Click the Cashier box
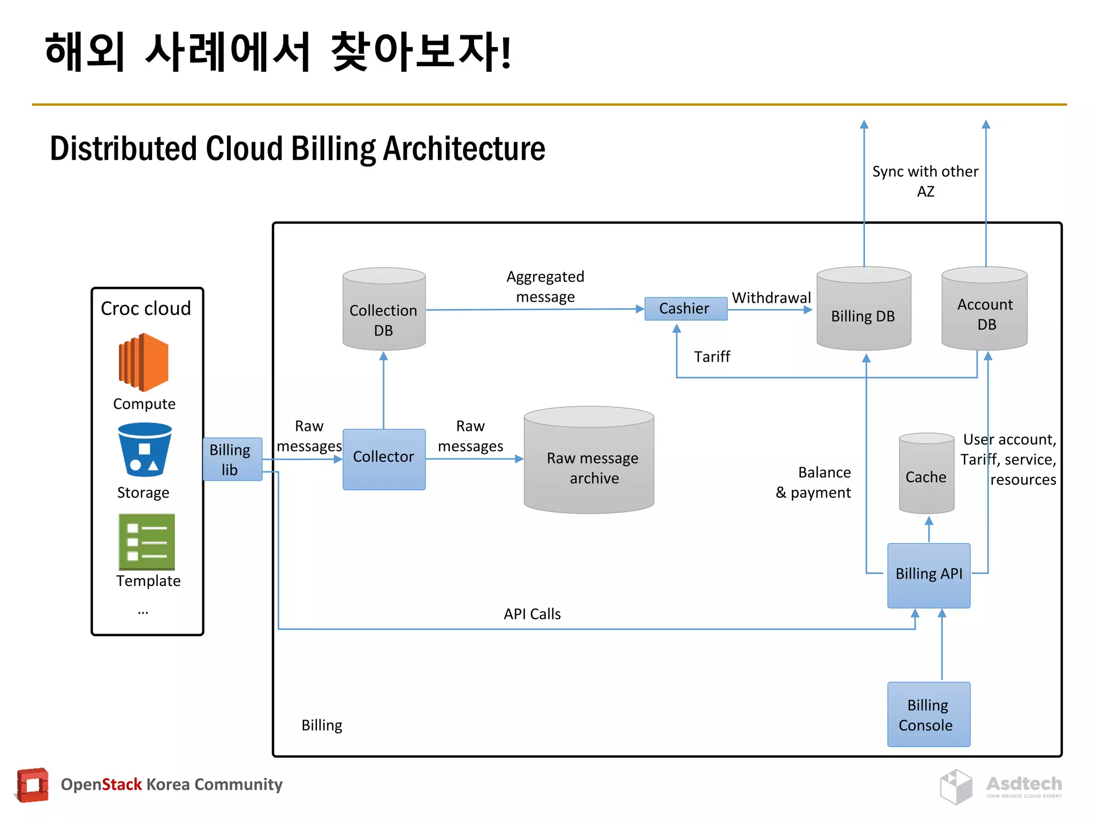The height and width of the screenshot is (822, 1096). pyautogui.click(x=685, y=309)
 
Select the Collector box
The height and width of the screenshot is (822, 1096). pyautogui.click(x=384, y=459)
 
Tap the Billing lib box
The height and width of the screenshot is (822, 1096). pyautogui.click(x=232, y=459)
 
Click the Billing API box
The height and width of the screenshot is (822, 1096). pyautogui.click(x=928, y=575)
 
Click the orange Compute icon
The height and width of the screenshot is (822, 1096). pyautogui.click(x=143, y=362)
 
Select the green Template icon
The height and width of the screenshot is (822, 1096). pyautogui.click(x=147, y=542)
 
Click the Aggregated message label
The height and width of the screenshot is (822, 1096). pyautogui.click(x=545, y=286)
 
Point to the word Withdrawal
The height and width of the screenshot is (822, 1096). pyautogui.click(x=771, y=298)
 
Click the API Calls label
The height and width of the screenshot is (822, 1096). pyautogui.click(x=532, y=614)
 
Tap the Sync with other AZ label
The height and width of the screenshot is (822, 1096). pyautogui.click(x=925, y=181)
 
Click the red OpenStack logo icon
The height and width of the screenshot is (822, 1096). pyautogui.click(x=32, y=785)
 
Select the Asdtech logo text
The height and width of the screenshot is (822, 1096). pyautogui.click(x=1024, y=783)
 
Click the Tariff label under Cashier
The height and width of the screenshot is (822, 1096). pyautogui.click(x=712, y=356)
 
